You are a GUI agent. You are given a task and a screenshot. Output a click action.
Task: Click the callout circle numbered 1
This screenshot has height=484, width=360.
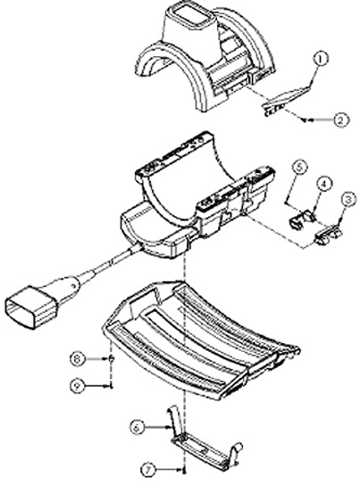[x=321, y=59]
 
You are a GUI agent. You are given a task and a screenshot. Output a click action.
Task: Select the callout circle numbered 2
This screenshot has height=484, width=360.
[x=340, y=120]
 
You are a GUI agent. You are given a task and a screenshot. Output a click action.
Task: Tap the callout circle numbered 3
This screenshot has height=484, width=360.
[x=348, y=199]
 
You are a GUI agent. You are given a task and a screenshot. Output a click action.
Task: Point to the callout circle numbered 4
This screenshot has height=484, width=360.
[x=324, y=184]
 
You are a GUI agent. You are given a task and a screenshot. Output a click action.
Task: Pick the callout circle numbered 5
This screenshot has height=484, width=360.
[x=300, y=167]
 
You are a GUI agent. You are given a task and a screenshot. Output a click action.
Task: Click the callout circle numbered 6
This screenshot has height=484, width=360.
[x=137, y=428]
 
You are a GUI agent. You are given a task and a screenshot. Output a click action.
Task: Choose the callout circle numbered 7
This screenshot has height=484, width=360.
[x=149, y=470]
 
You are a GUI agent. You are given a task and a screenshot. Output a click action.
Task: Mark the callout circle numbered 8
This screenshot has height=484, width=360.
[x=78, y=359]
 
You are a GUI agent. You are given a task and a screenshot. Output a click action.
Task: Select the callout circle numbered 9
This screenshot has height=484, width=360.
[x=77, y=386]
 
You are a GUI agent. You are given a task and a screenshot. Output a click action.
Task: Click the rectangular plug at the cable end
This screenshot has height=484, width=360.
[x=30, y=307]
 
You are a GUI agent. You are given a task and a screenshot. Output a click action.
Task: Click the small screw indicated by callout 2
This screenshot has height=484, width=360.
[x=304, y=120]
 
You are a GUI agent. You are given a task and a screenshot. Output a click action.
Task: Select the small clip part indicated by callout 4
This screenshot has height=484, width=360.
[x=302, y=219]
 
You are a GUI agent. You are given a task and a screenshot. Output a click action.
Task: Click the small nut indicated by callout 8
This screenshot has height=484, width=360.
[x=112, y=359]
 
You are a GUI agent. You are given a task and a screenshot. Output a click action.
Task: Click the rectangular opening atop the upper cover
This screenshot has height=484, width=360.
[x=195, y=14]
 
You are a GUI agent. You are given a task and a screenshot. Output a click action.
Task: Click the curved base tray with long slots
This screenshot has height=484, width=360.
[x=201, y=339]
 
